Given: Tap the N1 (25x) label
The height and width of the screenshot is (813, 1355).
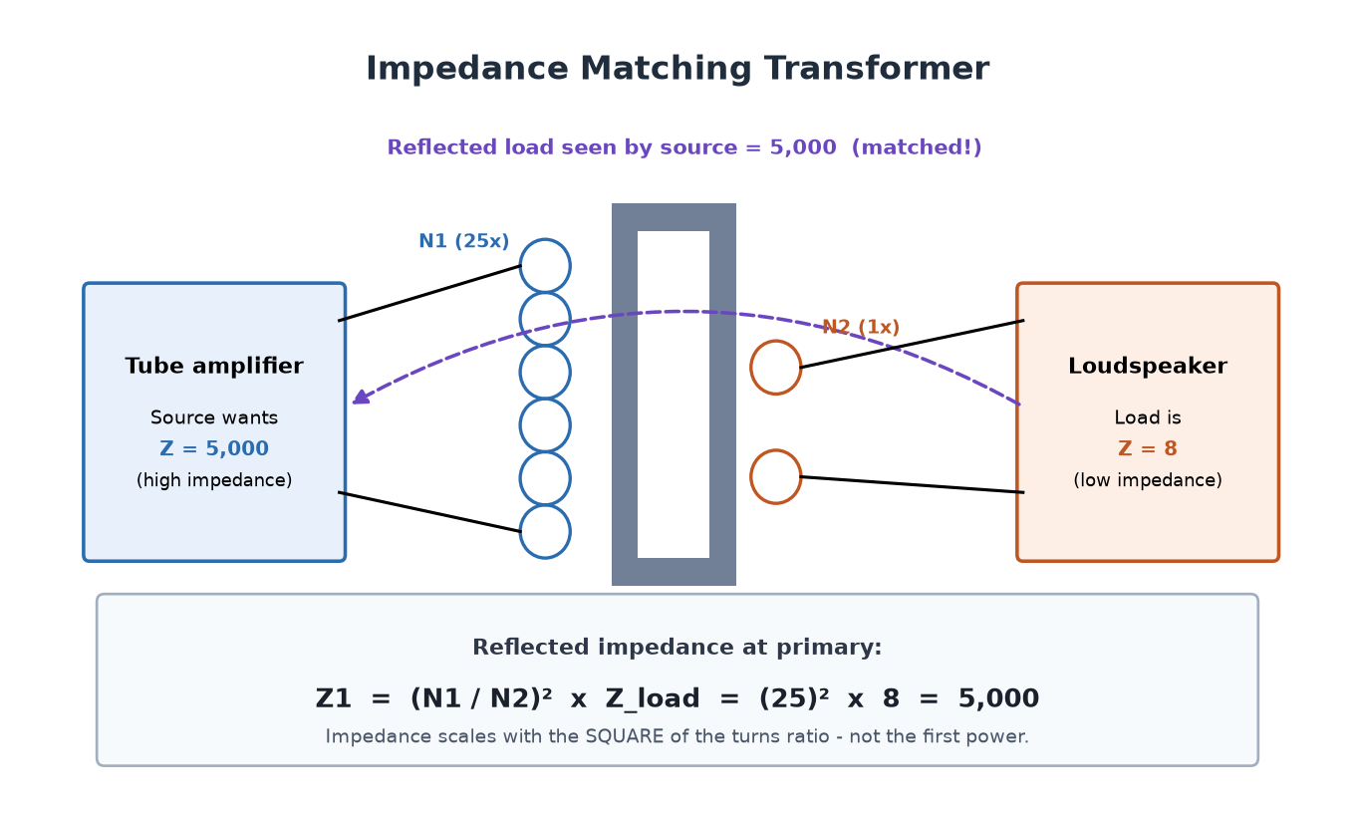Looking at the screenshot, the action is pos(464,241).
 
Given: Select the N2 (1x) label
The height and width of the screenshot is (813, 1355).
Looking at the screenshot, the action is pos(861,327).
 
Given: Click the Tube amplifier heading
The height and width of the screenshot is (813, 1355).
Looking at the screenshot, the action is pos(214,366).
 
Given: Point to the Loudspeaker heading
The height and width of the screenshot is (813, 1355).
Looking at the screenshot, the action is pos(1148,366).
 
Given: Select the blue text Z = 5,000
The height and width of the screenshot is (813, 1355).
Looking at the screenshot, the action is pos(214,448).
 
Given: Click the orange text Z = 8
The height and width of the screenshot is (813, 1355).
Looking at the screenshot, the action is pos(1148,448).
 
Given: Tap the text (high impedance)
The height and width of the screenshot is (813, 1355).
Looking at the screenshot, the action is pos(214,480).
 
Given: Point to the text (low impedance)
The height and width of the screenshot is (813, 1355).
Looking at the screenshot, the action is pos(1148,480).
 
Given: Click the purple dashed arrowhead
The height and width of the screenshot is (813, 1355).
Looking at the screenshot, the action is pos(361,398).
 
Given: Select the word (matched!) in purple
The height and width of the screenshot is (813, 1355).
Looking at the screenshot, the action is pos(917,147).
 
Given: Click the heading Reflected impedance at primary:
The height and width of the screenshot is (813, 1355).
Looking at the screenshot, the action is pos(677,648).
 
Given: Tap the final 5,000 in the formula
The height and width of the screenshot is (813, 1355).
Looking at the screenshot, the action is pos(998,698).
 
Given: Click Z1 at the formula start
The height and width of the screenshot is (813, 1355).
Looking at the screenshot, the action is pos(334,698).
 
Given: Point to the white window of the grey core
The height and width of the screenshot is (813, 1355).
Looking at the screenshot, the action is pos(674,395).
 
